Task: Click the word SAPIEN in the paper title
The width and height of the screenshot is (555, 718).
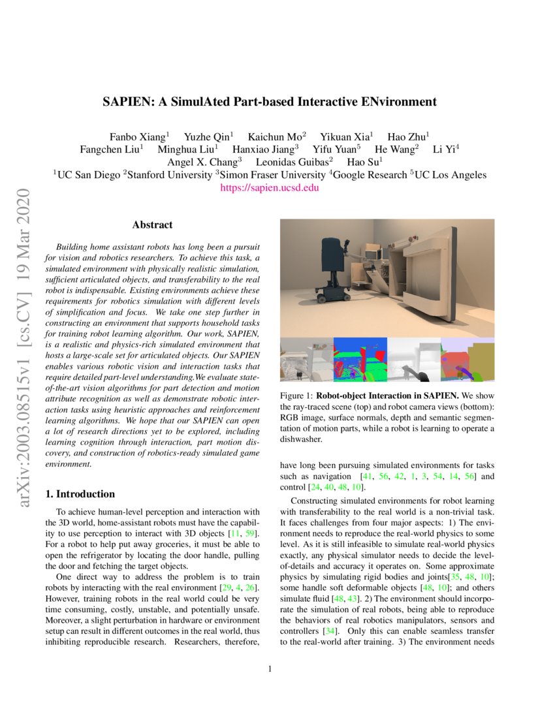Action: [124, 102]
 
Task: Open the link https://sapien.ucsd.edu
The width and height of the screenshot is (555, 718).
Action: [270, 187]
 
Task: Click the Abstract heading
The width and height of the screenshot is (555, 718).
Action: [152, 225]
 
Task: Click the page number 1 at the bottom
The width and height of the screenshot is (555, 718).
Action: [270, 668]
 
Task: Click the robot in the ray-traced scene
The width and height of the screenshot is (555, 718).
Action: [333, 268]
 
